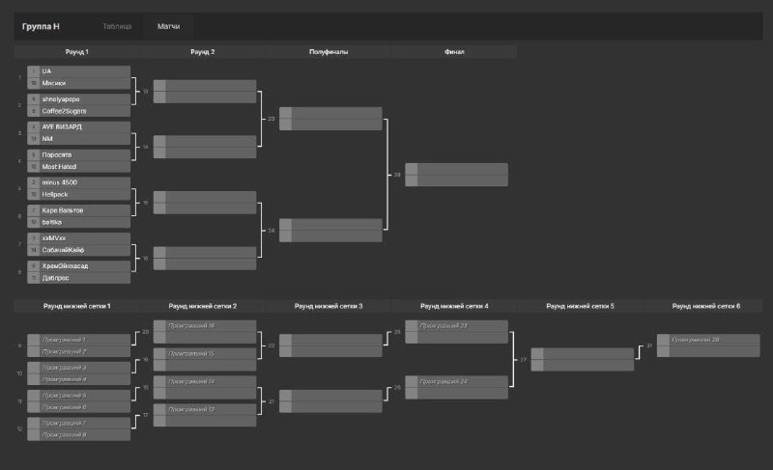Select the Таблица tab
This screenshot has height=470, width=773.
coord(117,26)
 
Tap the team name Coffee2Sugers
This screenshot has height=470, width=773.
coord(65,111)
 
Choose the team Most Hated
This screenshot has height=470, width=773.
coord(59,166)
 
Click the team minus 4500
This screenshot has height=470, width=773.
coord(61,181)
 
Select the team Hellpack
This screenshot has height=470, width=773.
coord(55,194)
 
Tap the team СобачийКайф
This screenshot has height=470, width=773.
coord(64,250)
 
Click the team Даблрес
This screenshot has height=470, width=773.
coord(56,277)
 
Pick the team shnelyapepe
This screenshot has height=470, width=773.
coord(62,98)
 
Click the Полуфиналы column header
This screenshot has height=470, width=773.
coord(329,52)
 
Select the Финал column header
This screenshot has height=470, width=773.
coord(454,52)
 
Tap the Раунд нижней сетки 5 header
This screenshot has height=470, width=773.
coord(580,306)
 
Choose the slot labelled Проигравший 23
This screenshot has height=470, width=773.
coord(444,326)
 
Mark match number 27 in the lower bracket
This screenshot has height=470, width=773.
coord(524,359)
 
